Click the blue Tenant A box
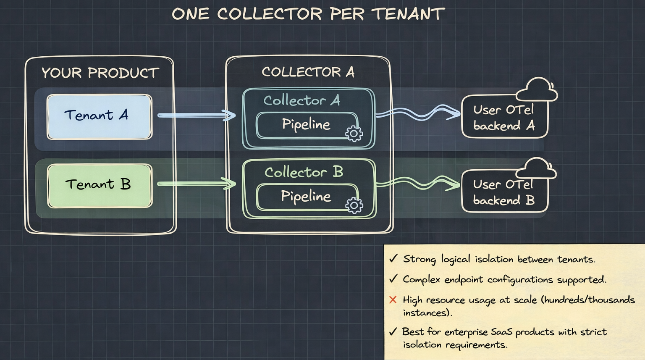100,116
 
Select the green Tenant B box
100,185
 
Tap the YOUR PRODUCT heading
100,73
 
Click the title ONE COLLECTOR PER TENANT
308,14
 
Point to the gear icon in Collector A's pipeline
354,134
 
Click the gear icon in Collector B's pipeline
354,205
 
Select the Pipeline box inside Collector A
306,125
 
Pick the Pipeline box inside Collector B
306,197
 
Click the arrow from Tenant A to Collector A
197,115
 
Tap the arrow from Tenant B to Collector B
197,184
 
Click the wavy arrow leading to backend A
418,113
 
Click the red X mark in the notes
393,300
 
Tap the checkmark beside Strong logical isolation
393,258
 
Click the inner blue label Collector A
302,101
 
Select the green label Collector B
304,172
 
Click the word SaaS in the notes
501,332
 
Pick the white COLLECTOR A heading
308,72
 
